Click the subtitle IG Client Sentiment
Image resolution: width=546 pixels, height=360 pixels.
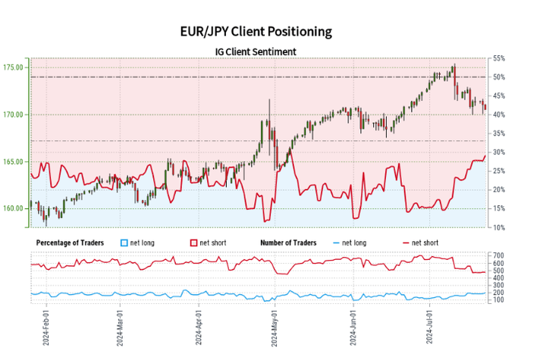pyautogui.click(x=255, y=52)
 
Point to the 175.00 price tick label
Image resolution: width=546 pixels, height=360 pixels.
pyautogui.click(x=14, y=67)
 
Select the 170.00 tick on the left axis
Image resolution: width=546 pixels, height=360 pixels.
pyautogui.click(x=14, y=114)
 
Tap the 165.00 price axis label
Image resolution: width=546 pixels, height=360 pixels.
pyautogui.click(x=14, y=161)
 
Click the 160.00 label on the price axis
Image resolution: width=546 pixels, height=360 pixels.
pyautogui.click(x=14, y=208)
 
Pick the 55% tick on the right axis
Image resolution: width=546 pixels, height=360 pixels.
pyautogui.click(x=499, y=58)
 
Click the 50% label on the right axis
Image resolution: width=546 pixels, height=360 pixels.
pyautogui.click(x=499, y=77)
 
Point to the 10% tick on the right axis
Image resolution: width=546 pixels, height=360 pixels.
pyautogui.click(x=499, y=227)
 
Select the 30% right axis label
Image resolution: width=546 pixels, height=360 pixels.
pyautogui.click(x=499, y=152)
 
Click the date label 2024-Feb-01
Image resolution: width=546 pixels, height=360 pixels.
pyautogui.click(x=45, y=327)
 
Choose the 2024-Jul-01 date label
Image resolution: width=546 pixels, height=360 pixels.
pyautogui.click(x=430, y=327)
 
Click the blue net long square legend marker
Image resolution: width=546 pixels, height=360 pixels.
pyautogui.click(x=125, y=243)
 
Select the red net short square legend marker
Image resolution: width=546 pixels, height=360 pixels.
pyautogui.click(x=193, y=243)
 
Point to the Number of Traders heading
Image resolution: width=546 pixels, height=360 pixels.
pyautogui.click(x=288, y=243)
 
